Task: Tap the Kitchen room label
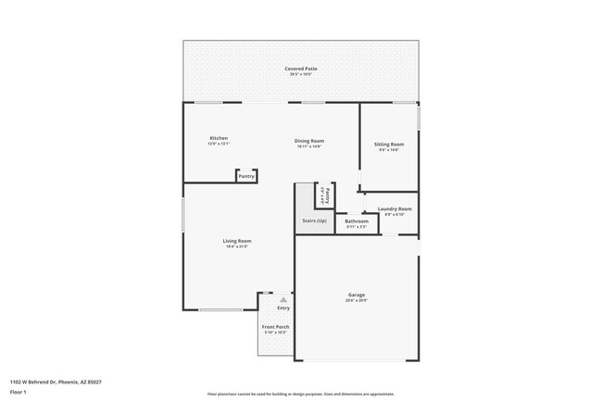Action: coord(219,138)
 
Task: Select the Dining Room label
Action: coord(309,141)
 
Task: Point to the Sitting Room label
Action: coord(388,144)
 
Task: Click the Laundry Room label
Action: coord(395,208)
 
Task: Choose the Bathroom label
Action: coord(357,220)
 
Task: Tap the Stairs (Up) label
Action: coord(314,220)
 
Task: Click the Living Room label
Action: coord(237,241)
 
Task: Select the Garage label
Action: coord(357,295)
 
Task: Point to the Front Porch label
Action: coord(275,327)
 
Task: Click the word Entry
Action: coord(283,308)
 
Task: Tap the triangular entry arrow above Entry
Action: coord(283,299)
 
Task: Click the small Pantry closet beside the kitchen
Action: coord(246,176)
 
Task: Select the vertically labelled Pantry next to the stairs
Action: coord(326,195)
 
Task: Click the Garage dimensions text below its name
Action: coord(357,301)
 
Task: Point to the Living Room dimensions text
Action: coord(237,247)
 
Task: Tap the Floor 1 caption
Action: coord(19,392)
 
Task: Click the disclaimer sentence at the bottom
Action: coord(300,393)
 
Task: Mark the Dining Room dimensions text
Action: coord(309,146)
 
